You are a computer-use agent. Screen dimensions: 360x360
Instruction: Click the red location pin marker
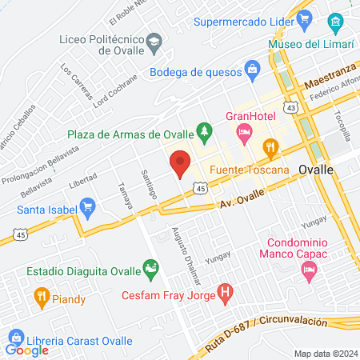180,164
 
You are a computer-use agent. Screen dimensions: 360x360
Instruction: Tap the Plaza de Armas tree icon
205,130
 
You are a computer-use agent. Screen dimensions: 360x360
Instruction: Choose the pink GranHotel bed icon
245,130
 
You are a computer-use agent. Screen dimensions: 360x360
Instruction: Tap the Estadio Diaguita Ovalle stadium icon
149,266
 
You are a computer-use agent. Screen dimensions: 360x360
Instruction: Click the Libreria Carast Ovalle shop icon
12,336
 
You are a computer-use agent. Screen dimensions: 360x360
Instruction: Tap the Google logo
26,350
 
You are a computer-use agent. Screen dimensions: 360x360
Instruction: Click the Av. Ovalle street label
238,205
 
